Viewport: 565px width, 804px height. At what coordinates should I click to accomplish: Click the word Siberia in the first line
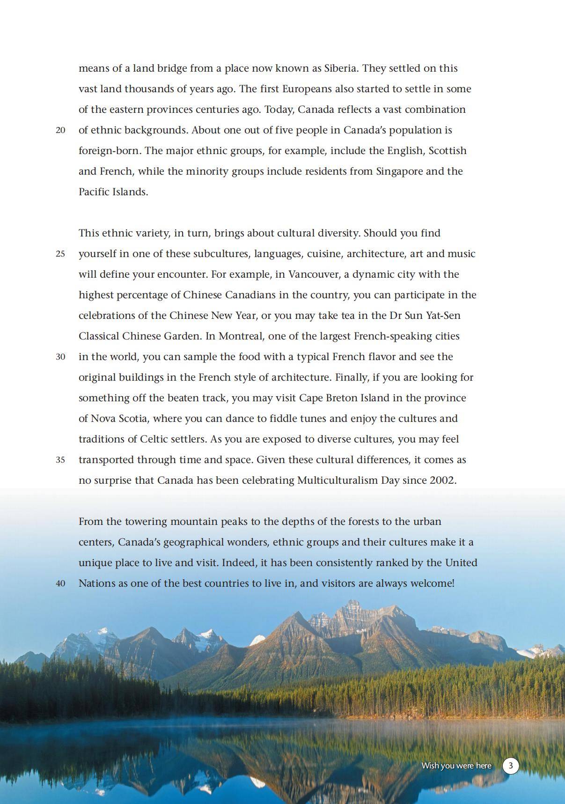tap(341, 68)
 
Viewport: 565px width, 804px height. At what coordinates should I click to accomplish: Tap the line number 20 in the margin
tap(60, 130)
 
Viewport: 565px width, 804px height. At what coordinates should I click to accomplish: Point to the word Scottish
tap(448, 151)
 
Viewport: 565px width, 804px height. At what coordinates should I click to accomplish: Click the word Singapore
tap(399, 171)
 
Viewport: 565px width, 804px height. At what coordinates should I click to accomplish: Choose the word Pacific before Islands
tap(94, 192)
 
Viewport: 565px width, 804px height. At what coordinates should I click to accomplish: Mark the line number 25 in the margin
tap(60, 254)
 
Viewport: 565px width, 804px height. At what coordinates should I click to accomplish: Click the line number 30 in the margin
tap(60, 357)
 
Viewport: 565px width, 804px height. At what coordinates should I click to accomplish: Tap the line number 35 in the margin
tap(60, 460)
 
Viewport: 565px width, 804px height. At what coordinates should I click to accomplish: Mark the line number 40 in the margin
tap(60, 583)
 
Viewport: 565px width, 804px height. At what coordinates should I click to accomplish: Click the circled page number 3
tap(511, 766)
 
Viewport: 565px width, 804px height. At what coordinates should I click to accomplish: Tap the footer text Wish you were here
tap(456, 766)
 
